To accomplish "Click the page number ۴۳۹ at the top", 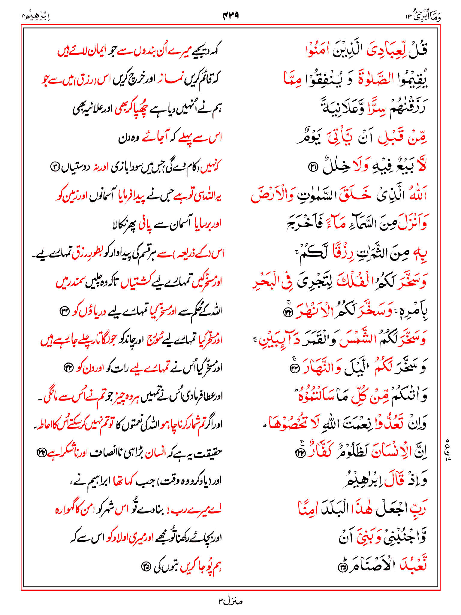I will [x=230, y=15].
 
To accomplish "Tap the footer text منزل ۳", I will [x=230, y=601].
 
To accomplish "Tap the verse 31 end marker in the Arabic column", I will [x=313, y=167].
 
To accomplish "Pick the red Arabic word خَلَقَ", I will [x=355, y=195].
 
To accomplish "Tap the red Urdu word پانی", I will [x=145, y=225].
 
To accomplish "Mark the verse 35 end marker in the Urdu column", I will [x=146, y=567].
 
